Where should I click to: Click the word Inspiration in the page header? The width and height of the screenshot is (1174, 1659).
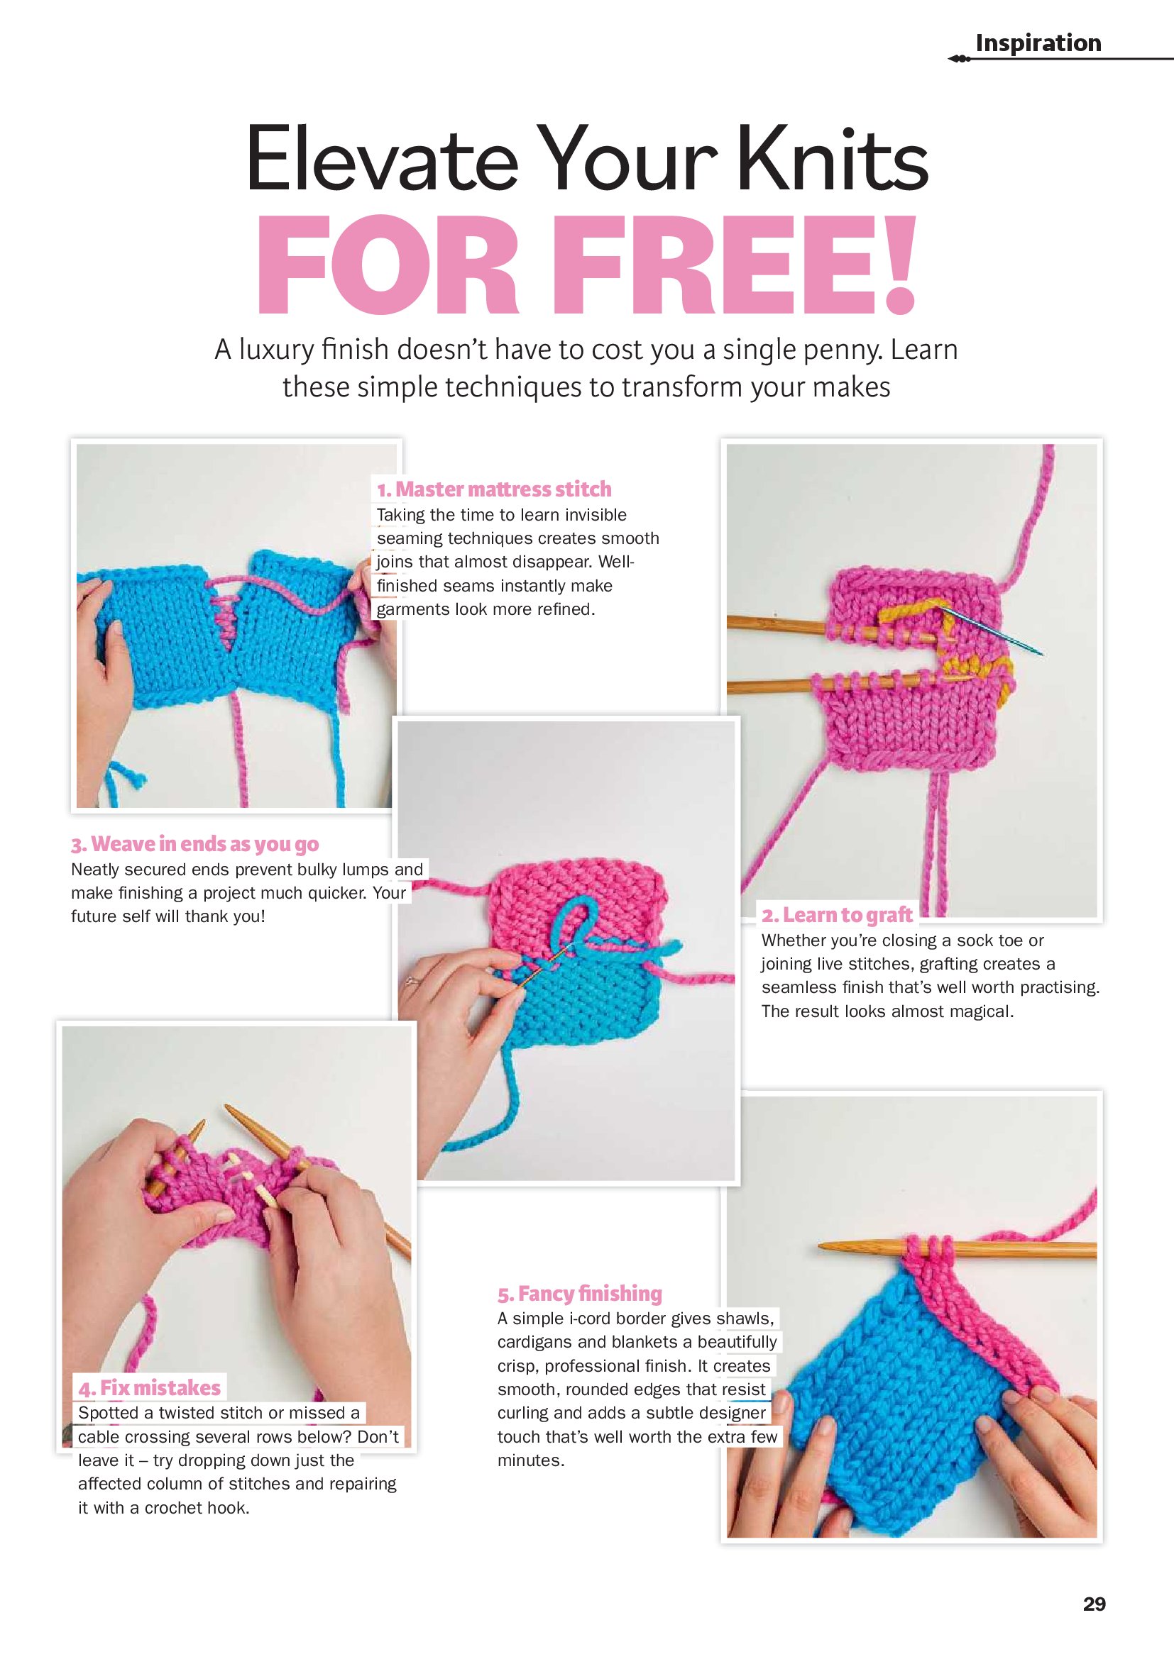[x=1038, y=43]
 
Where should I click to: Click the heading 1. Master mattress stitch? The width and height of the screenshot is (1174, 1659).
[x=494, y=489]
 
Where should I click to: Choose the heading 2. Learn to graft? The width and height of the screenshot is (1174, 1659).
[x=836, y=915]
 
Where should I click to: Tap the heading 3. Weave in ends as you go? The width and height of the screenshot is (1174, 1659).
[x=194, y=844]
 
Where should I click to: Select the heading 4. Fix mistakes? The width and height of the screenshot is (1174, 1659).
[x=150, y=1387]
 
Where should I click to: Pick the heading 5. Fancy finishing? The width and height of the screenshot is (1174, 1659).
[x=580, y=1293]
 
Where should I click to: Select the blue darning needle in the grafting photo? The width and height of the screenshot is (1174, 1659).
[x=989, y=629]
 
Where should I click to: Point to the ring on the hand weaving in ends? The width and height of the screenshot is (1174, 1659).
[x=412, y=981]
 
